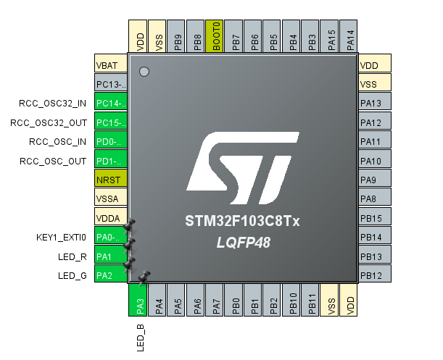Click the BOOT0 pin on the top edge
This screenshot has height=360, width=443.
[x=216, y=35]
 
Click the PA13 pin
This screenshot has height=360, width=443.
[x=375, y=103]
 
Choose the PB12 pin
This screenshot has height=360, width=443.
[x=375, y=275]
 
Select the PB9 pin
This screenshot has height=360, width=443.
[x=178, y=35]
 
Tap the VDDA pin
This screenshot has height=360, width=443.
[x=111, y=217]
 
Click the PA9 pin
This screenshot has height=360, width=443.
[x=375, y=179]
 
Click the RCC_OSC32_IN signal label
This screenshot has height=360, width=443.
[x=53, y=103]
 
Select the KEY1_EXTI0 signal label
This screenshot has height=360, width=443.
[x=61, y=236]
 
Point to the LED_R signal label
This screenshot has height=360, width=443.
[x=73, y=256]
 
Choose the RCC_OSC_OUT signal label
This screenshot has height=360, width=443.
[x=53, y=160]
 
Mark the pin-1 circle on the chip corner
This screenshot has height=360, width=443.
[x=144, y=72]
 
